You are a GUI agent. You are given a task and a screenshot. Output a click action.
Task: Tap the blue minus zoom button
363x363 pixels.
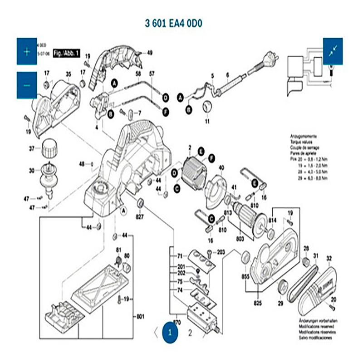click(x=27, y=85)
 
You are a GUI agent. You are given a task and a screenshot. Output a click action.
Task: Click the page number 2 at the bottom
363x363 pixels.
click(x=190, y=332)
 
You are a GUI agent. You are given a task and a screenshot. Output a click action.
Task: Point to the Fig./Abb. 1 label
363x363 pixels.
click(x=66, y=53)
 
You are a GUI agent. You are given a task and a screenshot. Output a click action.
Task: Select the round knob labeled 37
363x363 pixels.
click(x=48, y=148)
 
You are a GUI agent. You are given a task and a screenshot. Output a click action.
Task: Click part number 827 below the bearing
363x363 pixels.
click(x=140, y=217)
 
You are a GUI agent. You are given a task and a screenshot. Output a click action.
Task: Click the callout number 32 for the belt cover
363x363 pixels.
click(x=329, y=258)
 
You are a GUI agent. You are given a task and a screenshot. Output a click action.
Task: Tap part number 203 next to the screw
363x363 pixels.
click(x=221, y=252)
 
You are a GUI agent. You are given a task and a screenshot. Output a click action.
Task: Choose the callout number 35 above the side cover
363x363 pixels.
click(x=69, y=74)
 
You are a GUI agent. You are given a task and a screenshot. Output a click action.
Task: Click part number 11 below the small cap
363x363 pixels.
click(x=207, y=122)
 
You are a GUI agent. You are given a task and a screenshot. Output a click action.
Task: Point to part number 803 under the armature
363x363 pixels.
click(x=240, y=239)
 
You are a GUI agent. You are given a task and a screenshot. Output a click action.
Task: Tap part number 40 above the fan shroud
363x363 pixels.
click(x=221, y=168)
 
